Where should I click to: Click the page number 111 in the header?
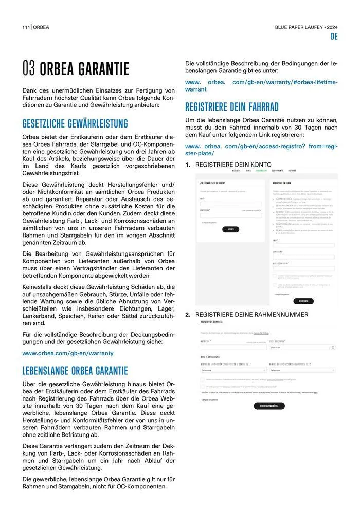tap(26, 27)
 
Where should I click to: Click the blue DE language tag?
tap(334, 37)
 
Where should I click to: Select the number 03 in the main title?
tap(29, 69)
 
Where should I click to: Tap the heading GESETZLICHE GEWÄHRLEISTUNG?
tap(75, 124)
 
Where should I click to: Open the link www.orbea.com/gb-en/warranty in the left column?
tap(68, 353)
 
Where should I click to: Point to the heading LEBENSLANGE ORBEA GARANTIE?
tap(75, 371)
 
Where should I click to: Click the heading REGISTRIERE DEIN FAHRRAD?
tap(231, 107)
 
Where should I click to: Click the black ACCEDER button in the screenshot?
tap(230, 229)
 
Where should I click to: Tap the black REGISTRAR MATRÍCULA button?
tap(269, 406)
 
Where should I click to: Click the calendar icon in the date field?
tap(333, 347)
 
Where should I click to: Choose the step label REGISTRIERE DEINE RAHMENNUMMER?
tap(251, 315)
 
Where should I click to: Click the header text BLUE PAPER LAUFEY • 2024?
tap(307, 27)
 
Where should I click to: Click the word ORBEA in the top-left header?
tap(42, 27)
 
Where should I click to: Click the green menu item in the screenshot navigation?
tap(261, 170)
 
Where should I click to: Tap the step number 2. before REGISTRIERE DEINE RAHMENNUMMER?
tap(188, 315)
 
